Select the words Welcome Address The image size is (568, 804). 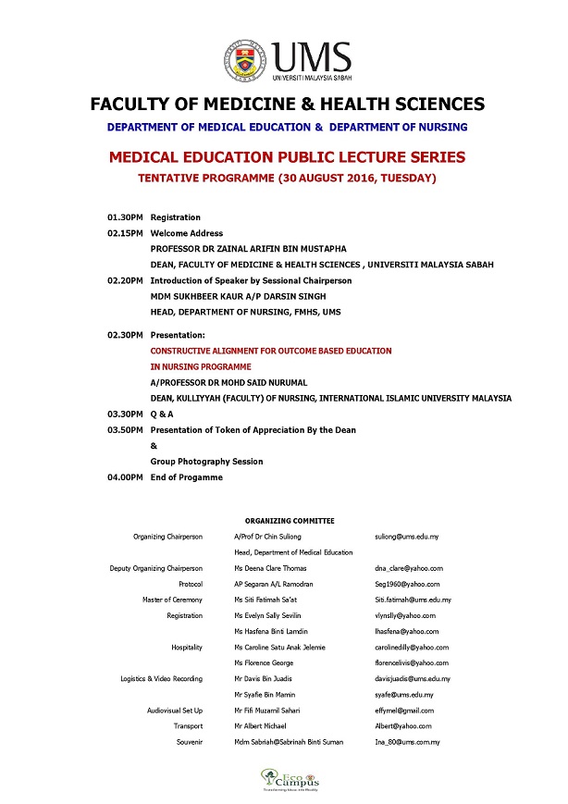[186, 233]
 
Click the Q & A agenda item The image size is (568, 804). [163, 414]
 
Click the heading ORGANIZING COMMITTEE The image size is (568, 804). [290, 521]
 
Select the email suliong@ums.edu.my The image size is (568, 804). [406, 537]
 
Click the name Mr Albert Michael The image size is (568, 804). [261, 726]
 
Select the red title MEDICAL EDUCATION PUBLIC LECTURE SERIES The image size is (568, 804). [287, 157]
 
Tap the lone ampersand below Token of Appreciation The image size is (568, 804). [154, 446]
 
